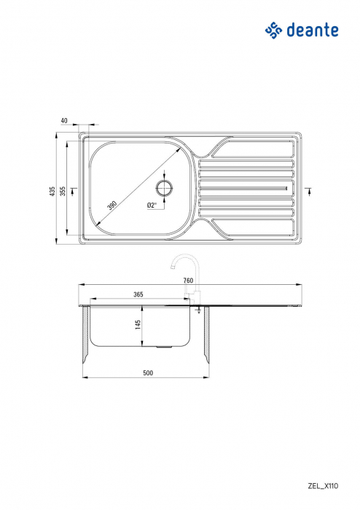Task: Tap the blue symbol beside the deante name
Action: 273,30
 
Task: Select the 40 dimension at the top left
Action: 65,120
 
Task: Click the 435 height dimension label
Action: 52,191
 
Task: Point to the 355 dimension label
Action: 63,191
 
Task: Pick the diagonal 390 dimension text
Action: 112,205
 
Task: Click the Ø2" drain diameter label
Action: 152,205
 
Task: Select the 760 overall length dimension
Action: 188,280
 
